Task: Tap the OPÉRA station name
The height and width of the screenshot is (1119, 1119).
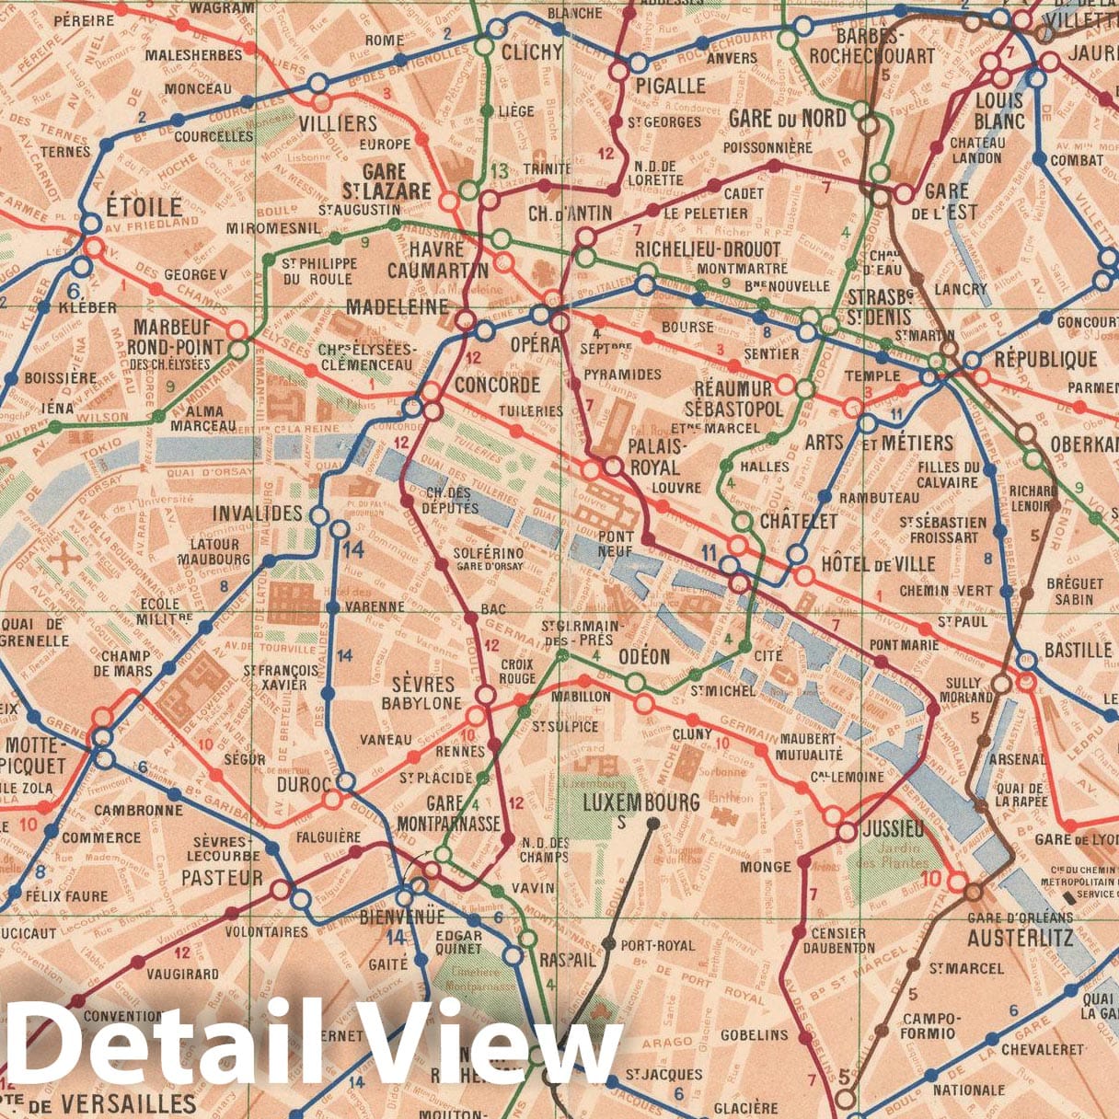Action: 534,344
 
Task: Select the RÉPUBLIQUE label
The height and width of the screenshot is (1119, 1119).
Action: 1045,359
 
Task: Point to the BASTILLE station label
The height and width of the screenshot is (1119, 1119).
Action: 1079,650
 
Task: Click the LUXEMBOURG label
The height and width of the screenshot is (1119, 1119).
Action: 642,802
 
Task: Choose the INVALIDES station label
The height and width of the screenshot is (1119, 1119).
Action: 258,513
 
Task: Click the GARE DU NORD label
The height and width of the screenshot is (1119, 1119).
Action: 787,118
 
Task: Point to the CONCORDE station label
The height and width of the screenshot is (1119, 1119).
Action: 497,385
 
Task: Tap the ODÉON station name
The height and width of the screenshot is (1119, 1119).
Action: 644,656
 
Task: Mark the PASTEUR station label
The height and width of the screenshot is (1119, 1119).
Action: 222,878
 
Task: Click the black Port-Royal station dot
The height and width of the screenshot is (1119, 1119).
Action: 608,944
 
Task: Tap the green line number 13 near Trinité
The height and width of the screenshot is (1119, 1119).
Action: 499,170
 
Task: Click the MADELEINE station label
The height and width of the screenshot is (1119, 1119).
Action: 398,306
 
